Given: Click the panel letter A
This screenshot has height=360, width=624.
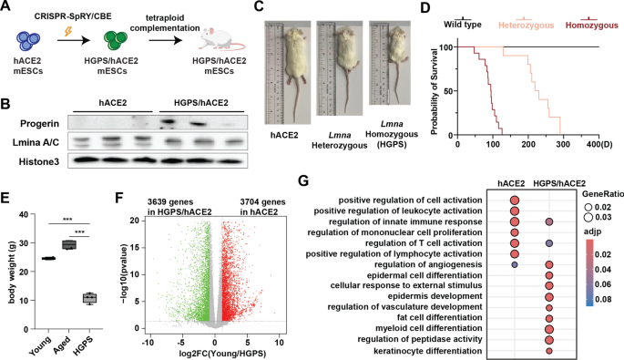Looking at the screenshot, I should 6,7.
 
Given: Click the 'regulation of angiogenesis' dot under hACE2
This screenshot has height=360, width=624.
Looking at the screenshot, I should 515,265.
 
